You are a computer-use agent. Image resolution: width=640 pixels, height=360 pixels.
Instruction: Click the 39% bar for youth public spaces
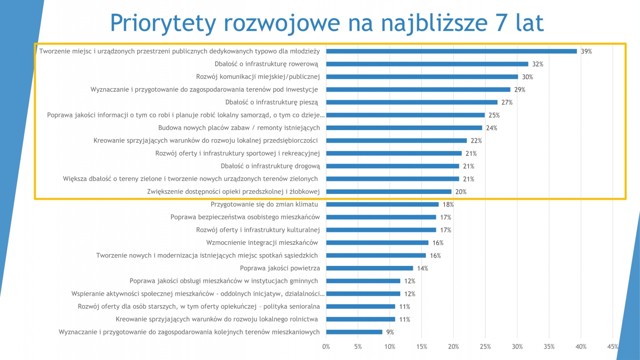point(451,51)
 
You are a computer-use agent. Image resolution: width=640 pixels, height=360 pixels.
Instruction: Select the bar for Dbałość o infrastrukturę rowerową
point(427,64)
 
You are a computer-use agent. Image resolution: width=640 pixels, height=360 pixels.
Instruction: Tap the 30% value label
point(527,77)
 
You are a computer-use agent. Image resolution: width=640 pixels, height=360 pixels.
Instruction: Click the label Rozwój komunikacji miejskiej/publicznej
point(258,77)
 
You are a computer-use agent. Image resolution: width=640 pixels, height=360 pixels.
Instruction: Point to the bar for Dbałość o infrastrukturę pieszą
point(412,102)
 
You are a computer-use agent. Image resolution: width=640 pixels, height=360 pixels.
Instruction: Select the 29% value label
point(519,90)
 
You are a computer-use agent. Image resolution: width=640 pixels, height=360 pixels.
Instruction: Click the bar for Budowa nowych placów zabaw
point(404,128)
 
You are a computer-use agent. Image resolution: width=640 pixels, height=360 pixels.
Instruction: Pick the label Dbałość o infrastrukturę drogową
point(270,166)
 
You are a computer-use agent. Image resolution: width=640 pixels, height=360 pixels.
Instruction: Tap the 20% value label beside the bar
point(461,192)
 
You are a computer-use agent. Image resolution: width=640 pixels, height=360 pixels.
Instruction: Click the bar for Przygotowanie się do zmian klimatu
point(382,204)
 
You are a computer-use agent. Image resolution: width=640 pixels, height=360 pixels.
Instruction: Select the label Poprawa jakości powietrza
point(280,268)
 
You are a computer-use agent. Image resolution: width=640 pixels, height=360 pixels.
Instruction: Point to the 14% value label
point(422,269)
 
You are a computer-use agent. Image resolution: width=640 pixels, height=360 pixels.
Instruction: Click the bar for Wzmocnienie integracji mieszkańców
point(377,243)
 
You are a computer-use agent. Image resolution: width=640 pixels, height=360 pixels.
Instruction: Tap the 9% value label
point(389,332)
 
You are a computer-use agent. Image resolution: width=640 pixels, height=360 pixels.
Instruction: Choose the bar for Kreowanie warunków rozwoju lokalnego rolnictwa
point(360,319)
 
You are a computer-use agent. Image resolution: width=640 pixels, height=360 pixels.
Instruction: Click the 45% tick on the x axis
point(613,347)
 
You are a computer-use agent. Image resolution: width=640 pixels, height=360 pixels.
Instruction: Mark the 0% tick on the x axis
point(326,347)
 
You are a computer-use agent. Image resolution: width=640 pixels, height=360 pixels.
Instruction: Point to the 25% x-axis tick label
point(485,347)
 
